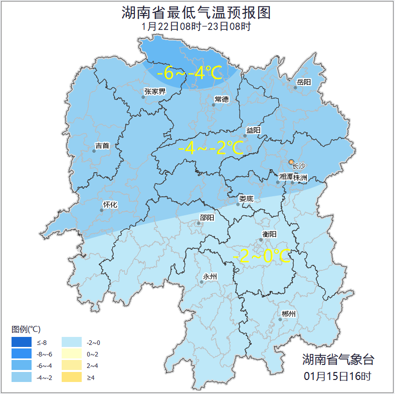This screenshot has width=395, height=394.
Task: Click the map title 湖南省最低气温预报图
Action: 196,13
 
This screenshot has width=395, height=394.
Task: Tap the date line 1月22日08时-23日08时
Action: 196,27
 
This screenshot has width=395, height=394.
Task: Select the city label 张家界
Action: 154,91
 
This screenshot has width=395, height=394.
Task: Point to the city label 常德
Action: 222,99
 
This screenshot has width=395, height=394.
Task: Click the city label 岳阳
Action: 303,82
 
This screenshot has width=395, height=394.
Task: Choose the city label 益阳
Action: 253,130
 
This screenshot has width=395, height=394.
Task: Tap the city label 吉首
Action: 102,146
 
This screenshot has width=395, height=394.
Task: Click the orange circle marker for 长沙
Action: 291,162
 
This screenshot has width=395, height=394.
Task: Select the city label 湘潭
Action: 286,177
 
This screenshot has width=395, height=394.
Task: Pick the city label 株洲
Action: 300,177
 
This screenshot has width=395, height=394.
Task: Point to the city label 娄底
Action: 246,199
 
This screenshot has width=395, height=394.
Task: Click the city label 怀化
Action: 110,204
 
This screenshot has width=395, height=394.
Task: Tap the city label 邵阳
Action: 207,217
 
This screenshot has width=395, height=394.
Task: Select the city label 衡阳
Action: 269,234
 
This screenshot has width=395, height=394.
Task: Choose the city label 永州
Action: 210,276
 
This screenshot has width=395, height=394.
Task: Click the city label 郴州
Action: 288,314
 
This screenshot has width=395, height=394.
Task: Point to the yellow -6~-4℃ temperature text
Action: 189,74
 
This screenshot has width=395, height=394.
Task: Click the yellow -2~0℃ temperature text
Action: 262,256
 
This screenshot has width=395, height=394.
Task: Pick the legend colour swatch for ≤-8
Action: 22,342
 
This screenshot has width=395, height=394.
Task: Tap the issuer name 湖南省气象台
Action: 338,359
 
